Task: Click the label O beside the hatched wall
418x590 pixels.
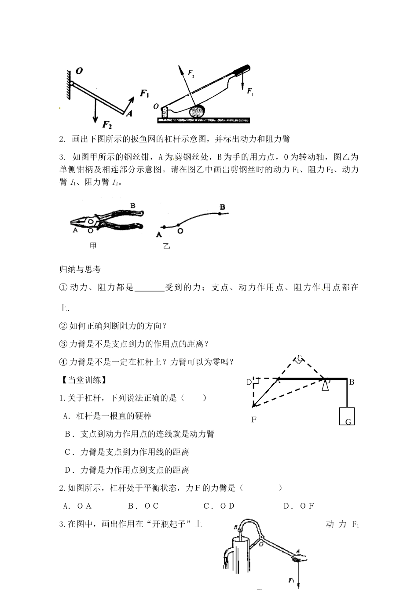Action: point(80,70)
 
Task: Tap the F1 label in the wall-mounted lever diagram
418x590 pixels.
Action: point(145,93)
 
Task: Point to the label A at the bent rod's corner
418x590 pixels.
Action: point(129,113)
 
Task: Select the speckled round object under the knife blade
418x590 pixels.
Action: point(197,112)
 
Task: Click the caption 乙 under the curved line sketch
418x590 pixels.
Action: point(166,247)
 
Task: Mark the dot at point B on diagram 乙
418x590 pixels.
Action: point(220,213)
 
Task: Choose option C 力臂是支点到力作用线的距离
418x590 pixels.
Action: point(127,452)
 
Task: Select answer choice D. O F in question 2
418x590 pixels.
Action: point(299,506)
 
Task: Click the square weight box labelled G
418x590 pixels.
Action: point(347,416)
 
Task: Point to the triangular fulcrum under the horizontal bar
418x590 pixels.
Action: point(325,386)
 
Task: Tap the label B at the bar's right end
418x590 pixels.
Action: point(352,382)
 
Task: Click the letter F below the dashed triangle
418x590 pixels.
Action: point(254,420)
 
